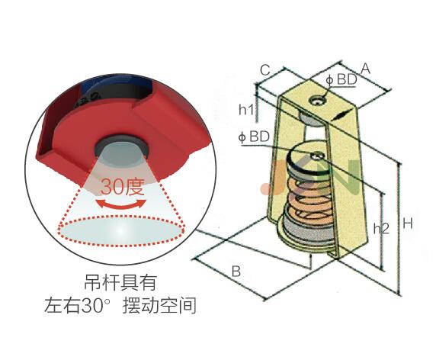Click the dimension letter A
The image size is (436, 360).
pos(365,69)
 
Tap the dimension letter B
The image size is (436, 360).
pos(236,271)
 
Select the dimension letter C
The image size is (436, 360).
pos(265,70)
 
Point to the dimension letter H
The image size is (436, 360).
pos(408,223)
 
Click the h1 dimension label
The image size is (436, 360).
pos(247,110)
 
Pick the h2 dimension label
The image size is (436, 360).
pos(381,228)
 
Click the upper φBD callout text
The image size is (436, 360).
pos(341,79)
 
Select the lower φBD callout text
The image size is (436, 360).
pos(254,137)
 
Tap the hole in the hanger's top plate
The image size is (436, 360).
pos(318,100)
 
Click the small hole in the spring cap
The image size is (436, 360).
pos(319,156)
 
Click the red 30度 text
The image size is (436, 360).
pos(123,186)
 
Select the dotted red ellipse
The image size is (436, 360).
pos(121,230)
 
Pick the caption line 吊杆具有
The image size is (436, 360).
pos(120,282)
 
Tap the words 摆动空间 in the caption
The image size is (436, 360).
pos(159,305)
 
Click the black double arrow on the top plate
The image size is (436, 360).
pos(339,115)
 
